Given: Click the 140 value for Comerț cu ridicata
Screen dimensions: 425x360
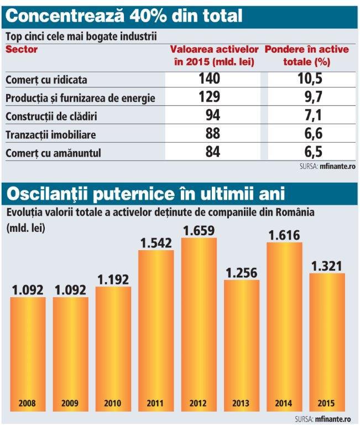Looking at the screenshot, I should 209,79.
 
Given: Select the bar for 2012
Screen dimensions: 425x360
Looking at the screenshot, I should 199,321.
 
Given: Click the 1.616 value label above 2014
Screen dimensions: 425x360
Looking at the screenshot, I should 285,235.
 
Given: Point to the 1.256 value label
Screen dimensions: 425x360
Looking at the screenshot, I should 242,272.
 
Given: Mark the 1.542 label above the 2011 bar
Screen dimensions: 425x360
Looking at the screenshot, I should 156,242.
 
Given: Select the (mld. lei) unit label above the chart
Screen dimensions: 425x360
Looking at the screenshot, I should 25,226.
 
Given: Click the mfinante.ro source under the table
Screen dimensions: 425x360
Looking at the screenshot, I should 337,165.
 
